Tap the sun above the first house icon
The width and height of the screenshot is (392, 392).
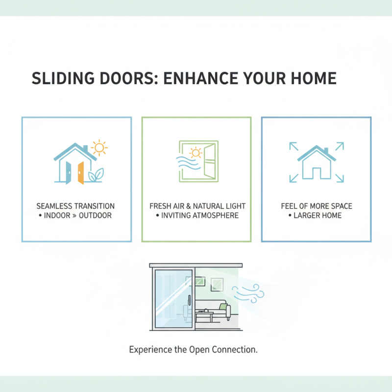99,147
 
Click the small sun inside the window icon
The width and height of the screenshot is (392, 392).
196,153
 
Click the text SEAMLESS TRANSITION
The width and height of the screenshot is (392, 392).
75,206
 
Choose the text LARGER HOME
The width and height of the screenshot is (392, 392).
318,216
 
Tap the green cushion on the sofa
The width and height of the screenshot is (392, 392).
223,307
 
